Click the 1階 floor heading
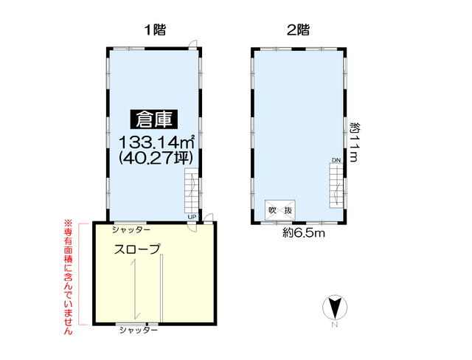click(155, 30)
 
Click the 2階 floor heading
click(298, 30)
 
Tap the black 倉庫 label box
click(154, 120)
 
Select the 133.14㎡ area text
click(156, 142)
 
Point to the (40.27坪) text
click(156, 158)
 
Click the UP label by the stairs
click(192, 217)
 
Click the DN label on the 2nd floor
click(336, 160)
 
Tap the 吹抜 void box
click(280, 210)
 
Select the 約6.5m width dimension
click(304, 232)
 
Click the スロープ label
click(137, 249)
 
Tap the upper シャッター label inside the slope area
click(131, 230)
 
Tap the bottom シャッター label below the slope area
click(139, 330)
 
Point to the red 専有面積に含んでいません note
click(69, 277)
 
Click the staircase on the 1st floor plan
click(192, 191)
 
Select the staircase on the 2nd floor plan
click(336, 186)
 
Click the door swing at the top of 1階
click(192, 44)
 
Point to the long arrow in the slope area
click(135, 290)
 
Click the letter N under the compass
click(334, 325)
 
